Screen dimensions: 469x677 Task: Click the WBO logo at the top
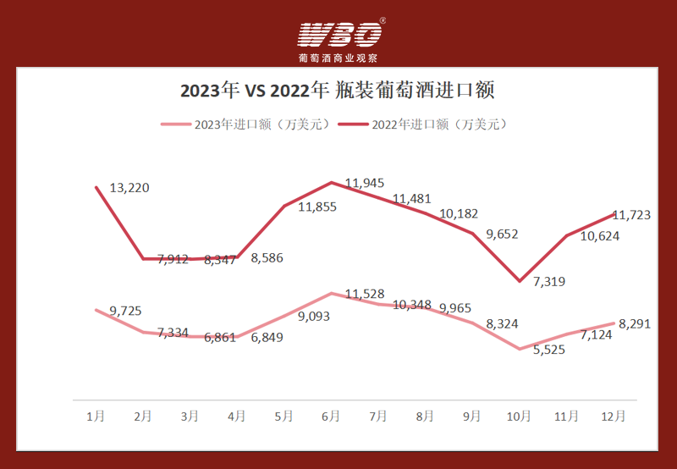point(339,34)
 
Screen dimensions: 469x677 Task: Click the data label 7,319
point(549,281)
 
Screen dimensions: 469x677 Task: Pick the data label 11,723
point(630,215)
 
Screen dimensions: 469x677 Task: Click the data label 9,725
point(125,312)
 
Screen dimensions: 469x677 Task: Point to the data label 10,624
point(599,236)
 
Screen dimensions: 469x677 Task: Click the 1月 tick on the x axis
point(96,416)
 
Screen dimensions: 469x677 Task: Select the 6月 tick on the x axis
point(331,416)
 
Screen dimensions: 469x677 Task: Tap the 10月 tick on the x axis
point(519,416)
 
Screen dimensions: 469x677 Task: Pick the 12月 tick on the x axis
point(613,416)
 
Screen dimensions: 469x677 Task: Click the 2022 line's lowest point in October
point(519,280)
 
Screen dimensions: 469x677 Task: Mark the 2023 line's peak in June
point(331,294)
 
